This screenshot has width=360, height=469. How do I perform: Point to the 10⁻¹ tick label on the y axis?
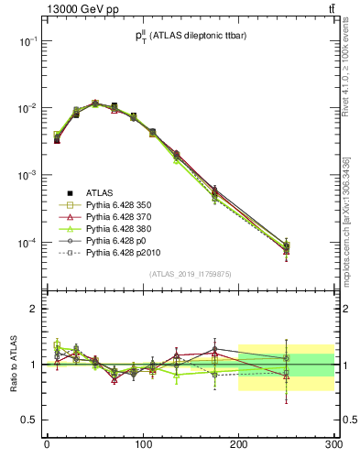[x=27, y=41]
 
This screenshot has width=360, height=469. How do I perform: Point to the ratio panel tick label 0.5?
[x=29, y=420]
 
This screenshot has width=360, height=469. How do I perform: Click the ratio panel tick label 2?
[x=33, y=309]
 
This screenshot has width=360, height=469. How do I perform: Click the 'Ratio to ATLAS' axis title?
[x=12, y=364]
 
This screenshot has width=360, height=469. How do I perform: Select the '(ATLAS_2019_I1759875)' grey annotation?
[x=190, y=273]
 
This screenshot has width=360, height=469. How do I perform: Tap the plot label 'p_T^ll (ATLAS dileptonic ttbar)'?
[x=190, y=37]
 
